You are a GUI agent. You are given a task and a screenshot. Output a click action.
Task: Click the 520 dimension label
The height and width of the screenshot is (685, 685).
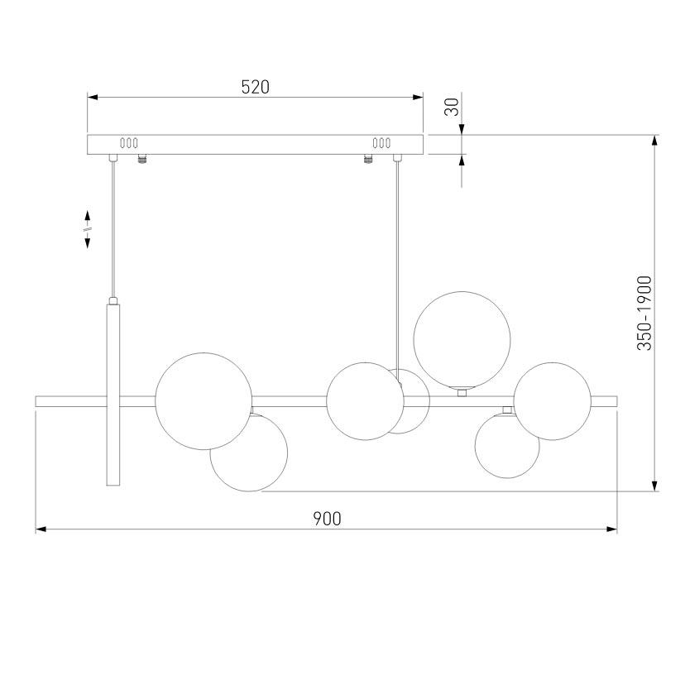256,88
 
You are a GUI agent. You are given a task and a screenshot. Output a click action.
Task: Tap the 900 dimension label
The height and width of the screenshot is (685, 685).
327,519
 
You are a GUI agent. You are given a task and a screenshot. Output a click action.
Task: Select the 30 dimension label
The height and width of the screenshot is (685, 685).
453,107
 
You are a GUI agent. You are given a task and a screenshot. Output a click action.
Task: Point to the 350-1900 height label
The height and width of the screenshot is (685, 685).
644,313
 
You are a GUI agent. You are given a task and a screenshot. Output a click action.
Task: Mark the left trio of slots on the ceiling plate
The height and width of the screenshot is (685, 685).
129,143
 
